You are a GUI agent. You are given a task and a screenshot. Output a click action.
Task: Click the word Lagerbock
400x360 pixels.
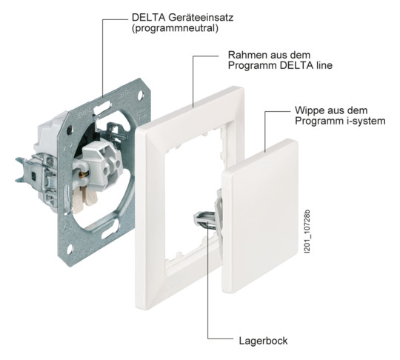262,341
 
